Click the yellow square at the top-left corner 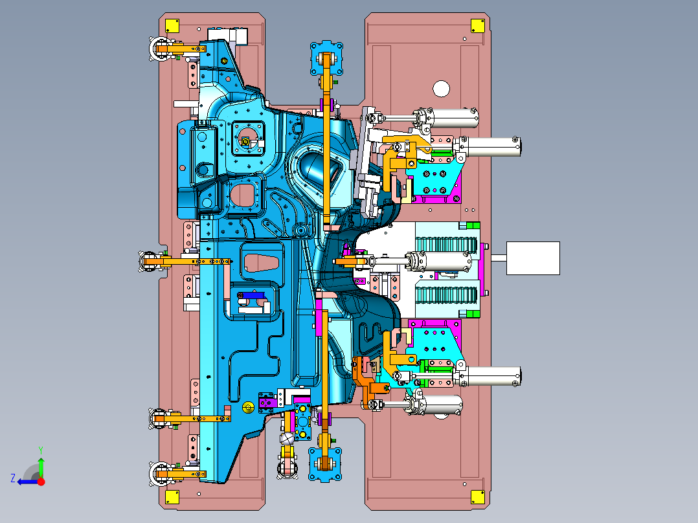pyautogui.click(x=172, y=26)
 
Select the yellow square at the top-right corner pyautogui.click(x=478, y=26)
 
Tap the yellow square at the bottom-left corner pyautogui.click(x=172, y=496)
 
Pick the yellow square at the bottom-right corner pyautogui.click(x=478, y=496)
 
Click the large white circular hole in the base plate pyautogui.click(x=441, y=89)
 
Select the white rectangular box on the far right pyautogui.click(x=533, y=258)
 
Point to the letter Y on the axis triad pyautogui.click(x=41, y=451)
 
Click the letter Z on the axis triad pyautogui.click(x=13, y=478)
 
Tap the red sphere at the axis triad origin pyautogui.click(x=41, y=482)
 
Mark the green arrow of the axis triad pyautogui.click(x=41, y=467)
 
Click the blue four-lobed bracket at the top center pyautogui.click(x=327, y=58)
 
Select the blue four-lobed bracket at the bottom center pyautogui.click(x=326, y=464)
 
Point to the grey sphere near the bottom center pyautogui.click(x=287, y=438)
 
